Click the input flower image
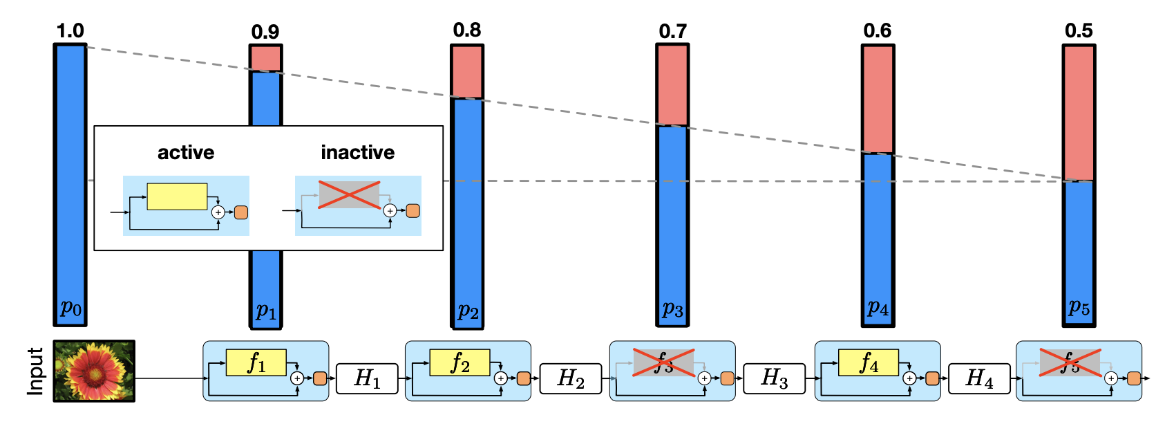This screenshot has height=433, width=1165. tap(94, 371)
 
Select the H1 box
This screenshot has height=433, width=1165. tap(367, 378)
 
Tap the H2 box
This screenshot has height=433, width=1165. tap(570, 378)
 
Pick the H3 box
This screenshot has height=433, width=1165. tap(774, 378)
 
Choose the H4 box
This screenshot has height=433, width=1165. tap(978, 378)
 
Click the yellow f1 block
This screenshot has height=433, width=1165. tap(256, 362)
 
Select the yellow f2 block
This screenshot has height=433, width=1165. tap(460, 362)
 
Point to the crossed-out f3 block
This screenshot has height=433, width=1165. tap(663, 362)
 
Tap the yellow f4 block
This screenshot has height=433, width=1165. tap(868, 362)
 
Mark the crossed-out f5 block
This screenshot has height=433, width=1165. tap(1070, 362)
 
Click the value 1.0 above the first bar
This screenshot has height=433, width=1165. tap(70, 31)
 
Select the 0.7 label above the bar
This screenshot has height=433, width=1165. tap(672, 31)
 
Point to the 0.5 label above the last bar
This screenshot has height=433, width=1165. tap(1079, 31)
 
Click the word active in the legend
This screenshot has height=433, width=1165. tap(186, 153)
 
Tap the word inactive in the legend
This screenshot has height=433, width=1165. tap(358, 153)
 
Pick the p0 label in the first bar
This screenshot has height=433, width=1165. tap(70, 306)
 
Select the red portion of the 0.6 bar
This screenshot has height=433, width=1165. tap(878, 99)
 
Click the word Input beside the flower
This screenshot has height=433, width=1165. tap(35, 371)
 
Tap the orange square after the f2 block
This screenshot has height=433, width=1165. tap(523, 378)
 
